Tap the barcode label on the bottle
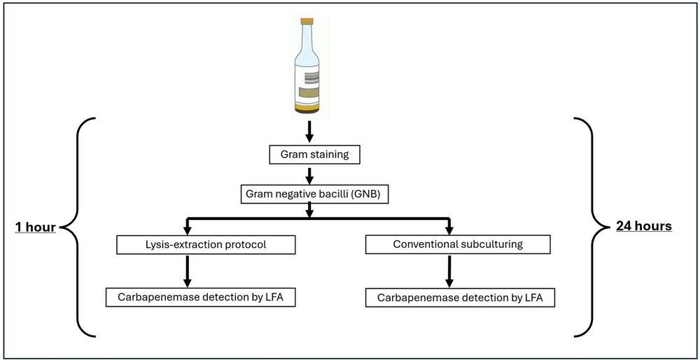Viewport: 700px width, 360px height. (x=309, y=78)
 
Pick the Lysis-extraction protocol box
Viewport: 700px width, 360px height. (x=186, y=244)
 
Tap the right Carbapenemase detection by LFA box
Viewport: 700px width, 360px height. (x=460, y=297)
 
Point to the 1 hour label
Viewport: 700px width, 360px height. (x=35, y=226)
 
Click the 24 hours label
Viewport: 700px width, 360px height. (x=643, y=226)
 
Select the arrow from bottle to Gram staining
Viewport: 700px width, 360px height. (x=309, y=131)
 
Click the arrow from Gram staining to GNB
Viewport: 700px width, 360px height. (x=309, y=174)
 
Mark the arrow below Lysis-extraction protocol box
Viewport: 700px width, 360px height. (x=186, y=270)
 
